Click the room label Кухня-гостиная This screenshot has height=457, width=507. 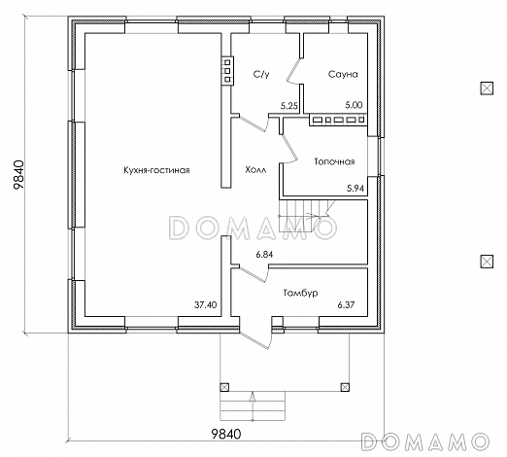(x=156, y=170)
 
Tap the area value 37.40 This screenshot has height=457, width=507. (x=206, y=305)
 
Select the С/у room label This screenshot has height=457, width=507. (x=261, y=75)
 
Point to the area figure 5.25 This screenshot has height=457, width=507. (x=289, y=106)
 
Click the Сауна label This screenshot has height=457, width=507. (x=343, y=74)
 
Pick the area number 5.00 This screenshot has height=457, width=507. (x=354, y=105)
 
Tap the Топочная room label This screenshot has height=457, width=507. (x=334, y=161)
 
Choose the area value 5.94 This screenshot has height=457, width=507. (x=355, y=189)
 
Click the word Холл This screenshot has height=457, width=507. (x=255, y=169)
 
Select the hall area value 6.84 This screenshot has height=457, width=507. (x=264, y=255)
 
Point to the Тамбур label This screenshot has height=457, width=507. (x=300, y=293)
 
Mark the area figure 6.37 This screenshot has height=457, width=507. (x=346, y=305)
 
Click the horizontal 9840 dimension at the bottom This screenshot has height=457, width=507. (x=226, y=434)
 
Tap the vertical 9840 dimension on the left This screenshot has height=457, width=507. (x=18, y=174)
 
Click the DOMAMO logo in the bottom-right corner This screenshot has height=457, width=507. (x=425, y=441)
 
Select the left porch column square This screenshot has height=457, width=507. (x=224, y=387)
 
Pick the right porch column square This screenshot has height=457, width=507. (x=345, y=387)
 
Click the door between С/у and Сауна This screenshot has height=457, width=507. (x=294, y=71)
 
